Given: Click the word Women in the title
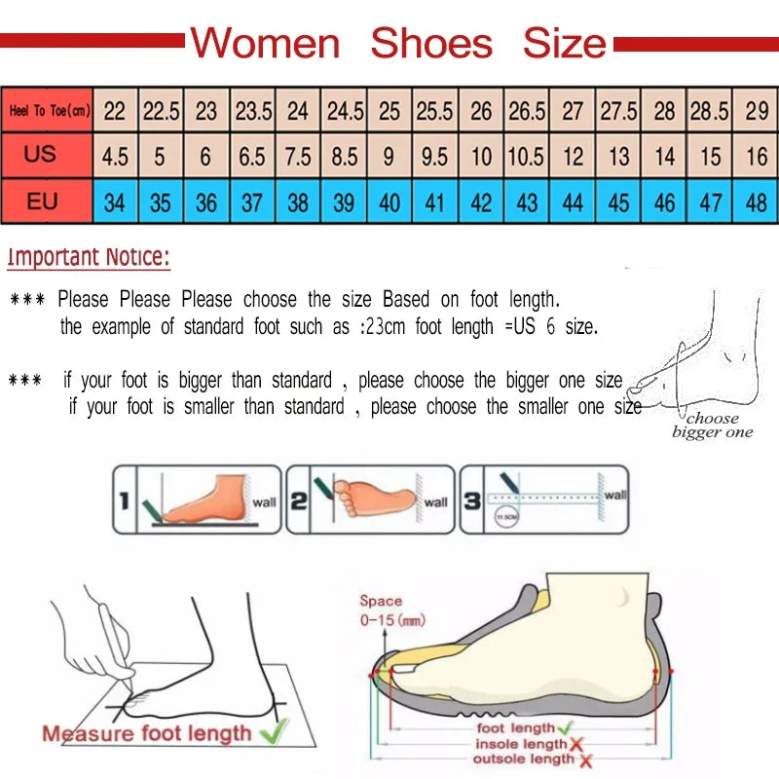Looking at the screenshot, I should pyautogui.click(x=264, y=44).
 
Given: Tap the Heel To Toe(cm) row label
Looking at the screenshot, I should pyautogui.click(x=49, y=111).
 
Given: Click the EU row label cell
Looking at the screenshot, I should pyautogui.click(x=41, y=202).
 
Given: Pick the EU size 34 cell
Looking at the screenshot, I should pyautogui.click(x=115, y=203).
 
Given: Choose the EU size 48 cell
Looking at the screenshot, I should pyautogui.click(x=757, y=203).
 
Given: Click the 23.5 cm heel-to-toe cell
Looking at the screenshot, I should pyautogui.click(x=253, y=111).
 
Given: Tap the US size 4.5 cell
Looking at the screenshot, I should pyautogui.click(x=115, y=157).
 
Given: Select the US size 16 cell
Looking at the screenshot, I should pyautogui.click(x=757, y=157).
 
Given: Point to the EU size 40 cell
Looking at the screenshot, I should pyautogui.click(x=389, y=203).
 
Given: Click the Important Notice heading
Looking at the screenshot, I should pyautogui.click(x=89, y=258).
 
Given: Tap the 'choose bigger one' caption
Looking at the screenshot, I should pyautogui.click(x=712, y=426).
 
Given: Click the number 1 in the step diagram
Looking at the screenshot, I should pyautogui.click(x=124, y=501).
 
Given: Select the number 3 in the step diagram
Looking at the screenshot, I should pyautogui.click(x=472, y=501).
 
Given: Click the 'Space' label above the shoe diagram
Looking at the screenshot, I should pyautogui.click(x=381, y=602).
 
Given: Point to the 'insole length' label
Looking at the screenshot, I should pyautogui.click(x=521, y=744).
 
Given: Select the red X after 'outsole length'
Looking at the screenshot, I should pyautogui.click(x=585, y=760).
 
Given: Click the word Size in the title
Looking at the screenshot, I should pyautogui.click(x=564, y=44).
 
